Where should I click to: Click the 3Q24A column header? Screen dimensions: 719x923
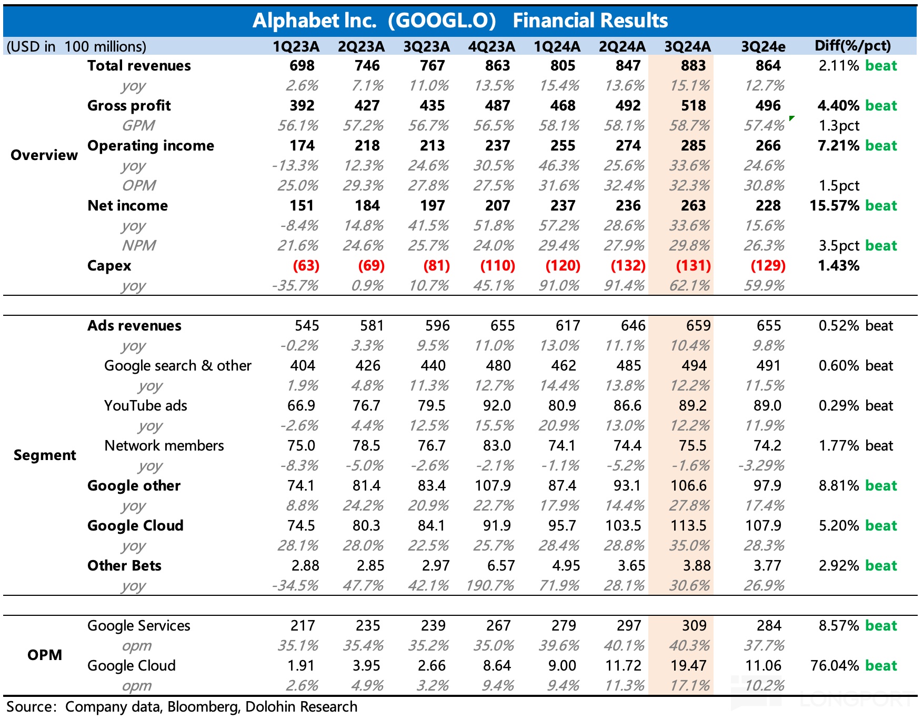click(687, 46)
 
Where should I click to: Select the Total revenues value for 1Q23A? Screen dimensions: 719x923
click(302, 66)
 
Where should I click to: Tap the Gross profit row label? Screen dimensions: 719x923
click(129, 106)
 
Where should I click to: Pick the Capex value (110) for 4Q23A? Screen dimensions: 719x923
click(497, 266)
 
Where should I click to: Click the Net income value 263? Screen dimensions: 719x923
click(693, 206)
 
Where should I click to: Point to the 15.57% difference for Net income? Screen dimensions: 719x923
click(834, 206)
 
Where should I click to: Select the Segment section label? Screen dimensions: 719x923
click(45, 455)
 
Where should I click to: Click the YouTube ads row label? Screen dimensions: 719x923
click(146, 406)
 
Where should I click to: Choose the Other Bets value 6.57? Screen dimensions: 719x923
click(500, 566)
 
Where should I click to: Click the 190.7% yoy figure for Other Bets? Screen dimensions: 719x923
click(490, 586)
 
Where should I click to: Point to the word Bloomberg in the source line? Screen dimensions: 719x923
click(203, 707)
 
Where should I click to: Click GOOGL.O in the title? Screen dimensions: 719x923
click(442, 21)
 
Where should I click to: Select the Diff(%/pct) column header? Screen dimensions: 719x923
click(852, 46)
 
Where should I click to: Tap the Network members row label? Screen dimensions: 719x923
click(164, 446)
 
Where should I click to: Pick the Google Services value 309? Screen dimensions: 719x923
click(694, 626)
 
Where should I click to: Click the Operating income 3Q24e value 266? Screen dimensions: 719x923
click(768, 146)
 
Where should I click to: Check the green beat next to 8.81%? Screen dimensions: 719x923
click(881, 486)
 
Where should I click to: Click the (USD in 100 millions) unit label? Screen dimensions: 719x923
click(76, 46)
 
